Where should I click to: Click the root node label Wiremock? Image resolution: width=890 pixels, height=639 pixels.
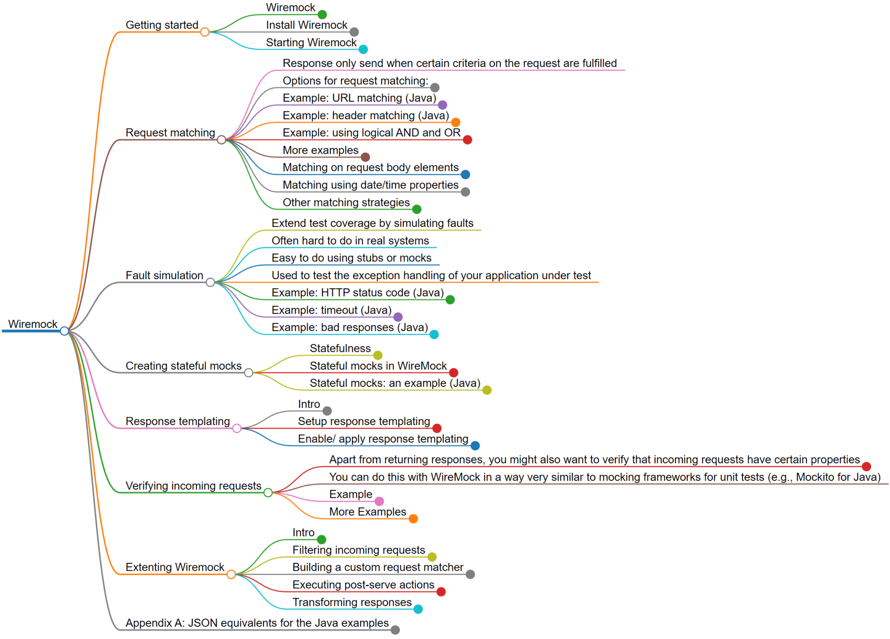coord(32,324)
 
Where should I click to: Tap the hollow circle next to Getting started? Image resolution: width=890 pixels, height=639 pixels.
coord(205,32)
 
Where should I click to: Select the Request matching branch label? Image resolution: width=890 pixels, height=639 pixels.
coord(170,133)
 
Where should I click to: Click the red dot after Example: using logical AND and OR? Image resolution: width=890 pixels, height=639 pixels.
coord(467,140)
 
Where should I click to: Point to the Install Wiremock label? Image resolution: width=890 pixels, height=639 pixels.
coord(307,25)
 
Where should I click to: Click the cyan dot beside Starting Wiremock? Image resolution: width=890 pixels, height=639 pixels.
coord(363,49)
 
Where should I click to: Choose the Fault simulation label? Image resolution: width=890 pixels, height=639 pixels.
coord(164,275)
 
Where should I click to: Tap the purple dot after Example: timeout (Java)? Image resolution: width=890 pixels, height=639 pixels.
coord(398,317)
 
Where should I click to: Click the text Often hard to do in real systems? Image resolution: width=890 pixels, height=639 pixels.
coord(350,241)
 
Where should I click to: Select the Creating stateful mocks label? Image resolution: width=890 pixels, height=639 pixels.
coord(183,366)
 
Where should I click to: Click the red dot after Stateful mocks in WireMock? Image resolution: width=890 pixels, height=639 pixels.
coord(454,373)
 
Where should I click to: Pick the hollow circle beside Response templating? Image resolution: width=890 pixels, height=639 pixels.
coord(237,429)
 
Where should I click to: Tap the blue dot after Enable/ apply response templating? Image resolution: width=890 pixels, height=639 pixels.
coord(475,446)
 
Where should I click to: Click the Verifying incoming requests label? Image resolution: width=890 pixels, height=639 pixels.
coord(193,486)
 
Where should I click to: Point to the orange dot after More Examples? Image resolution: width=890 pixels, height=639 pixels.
coord(414,519)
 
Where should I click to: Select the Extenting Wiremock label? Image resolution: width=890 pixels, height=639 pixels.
coord(174,567)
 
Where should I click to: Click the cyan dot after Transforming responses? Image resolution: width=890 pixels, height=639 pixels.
coord(418,609)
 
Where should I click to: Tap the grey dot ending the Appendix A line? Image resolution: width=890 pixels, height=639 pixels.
coord(395,630)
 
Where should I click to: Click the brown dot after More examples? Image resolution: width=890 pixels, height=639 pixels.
coord(365,157)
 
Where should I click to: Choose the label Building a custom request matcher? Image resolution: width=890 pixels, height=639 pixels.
coord(378,568)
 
